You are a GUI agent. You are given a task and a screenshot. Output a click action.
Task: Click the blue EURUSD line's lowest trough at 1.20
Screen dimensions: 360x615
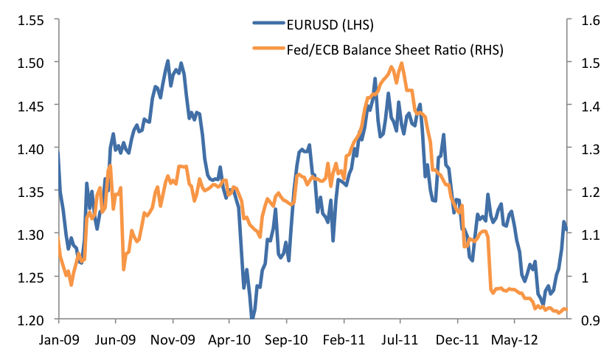coord(252,318)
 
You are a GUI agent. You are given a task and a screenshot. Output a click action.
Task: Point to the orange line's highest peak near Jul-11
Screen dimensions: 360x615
coord(401,63)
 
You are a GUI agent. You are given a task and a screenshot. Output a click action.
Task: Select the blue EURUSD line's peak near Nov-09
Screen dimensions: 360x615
coord(168,60)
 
